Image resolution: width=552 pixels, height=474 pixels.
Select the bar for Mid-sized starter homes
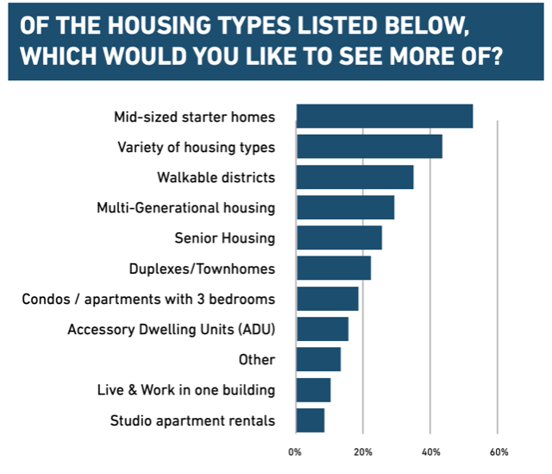pyautogui.click(x=385, y=116)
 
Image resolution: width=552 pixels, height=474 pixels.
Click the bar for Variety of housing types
pyautogui.click(x=369, y=147)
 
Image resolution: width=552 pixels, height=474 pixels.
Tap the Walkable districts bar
pyautogui.click(x=354, y=177)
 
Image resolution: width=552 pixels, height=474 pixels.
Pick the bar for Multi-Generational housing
pyautogui.click(x=345, y=207)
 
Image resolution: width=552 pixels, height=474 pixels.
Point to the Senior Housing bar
pyautogui.click(x=339, y=237)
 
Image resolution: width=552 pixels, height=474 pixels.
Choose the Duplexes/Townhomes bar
pyautogui.click(x=333, y=268)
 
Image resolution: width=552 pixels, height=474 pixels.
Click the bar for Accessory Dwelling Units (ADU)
pyautogui.click(x=322, y=329)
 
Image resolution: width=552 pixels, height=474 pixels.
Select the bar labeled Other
pyautogui.click(x=318, y=359)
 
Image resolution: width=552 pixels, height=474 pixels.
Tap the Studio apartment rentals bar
pyautogui.click(x=310, y=420)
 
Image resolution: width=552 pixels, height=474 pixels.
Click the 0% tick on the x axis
pyautogui.click(x=295, y=452)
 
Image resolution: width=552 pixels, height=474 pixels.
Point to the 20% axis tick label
pyautogui.click(x=363, y=452)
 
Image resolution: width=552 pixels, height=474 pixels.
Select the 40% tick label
pyautogui.click(x=431, y=452)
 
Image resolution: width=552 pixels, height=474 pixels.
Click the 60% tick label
pyautogui.click(x=499, y=452)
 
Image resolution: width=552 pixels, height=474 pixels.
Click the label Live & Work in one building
pyautogui.click(x=186, y=390)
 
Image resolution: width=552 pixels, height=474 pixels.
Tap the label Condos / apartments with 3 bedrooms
pyautogui.click(x=148, y=299)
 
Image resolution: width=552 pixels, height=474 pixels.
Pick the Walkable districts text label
pyautogui.click(x=216, y=178)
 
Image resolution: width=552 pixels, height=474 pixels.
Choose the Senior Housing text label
pyautogui.click(x=224, y=238)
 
